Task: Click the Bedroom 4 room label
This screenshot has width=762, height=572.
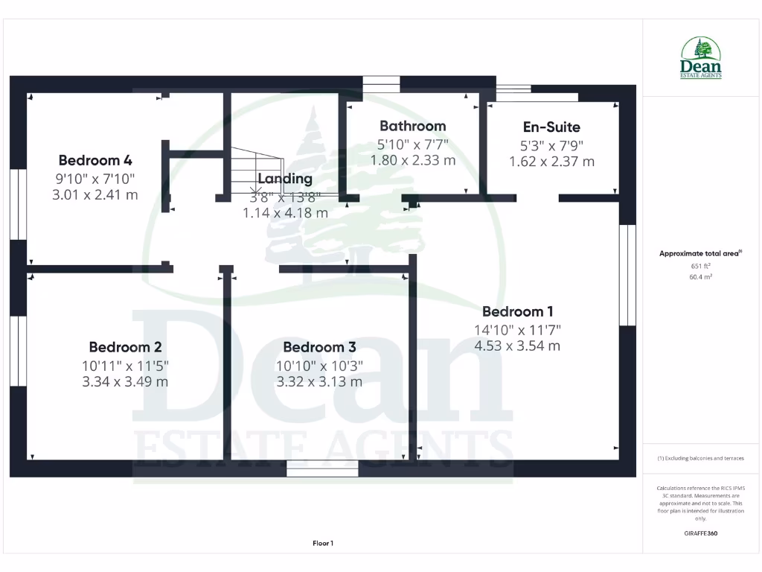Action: coord(95,160)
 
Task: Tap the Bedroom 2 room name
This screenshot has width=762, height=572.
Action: coord(125,347)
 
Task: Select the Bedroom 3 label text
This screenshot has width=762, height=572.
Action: coord(319,347)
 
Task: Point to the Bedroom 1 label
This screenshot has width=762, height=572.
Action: coord(517,311)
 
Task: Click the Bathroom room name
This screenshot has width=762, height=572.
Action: coord(412,126)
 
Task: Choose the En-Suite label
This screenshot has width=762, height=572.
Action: coord(551,127)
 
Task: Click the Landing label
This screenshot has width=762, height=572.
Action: coord(285,179)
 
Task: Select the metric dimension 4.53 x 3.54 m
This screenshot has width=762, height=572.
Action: coord(517,346)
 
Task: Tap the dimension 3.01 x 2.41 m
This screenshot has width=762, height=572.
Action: coord(95,195)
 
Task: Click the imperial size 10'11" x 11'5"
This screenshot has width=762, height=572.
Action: coord(125,365)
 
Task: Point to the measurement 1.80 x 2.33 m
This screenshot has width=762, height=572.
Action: coord(412,159)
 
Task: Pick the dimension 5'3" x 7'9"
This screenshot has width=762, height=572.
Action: coord(551,145)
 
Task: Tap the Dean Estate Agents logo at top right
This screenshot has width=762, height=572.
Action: coord(700,58)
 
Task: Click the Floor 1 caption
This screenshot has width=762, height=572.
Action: coord(323,544)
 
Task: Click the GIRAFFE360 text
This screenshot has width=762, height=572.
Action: coord(700,533)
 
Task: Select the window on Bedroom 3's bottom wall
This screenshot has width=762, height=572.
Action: coord(322,468)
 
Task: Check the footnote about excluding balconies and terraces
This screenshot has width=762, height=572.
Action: coord(700,458)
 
